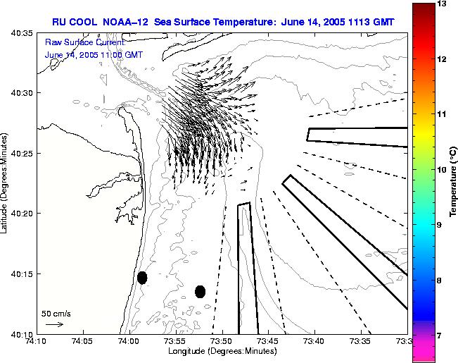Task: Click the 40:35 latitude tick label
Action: tap(23, 33)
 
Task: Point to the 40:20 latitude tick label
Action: tap(23, 214)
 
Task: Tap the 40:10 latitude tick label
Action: tap(23, 333)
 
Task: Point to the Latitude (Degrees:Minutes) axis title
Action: tap(6, 183)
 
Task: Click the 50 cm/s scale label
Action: tap(56, 313)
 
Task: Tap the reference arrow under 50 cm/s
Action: tap(54, 324)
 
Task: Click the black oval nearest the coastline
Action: tap(142, 278)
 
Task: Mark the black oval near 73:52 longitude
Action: tap(200, 291)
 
